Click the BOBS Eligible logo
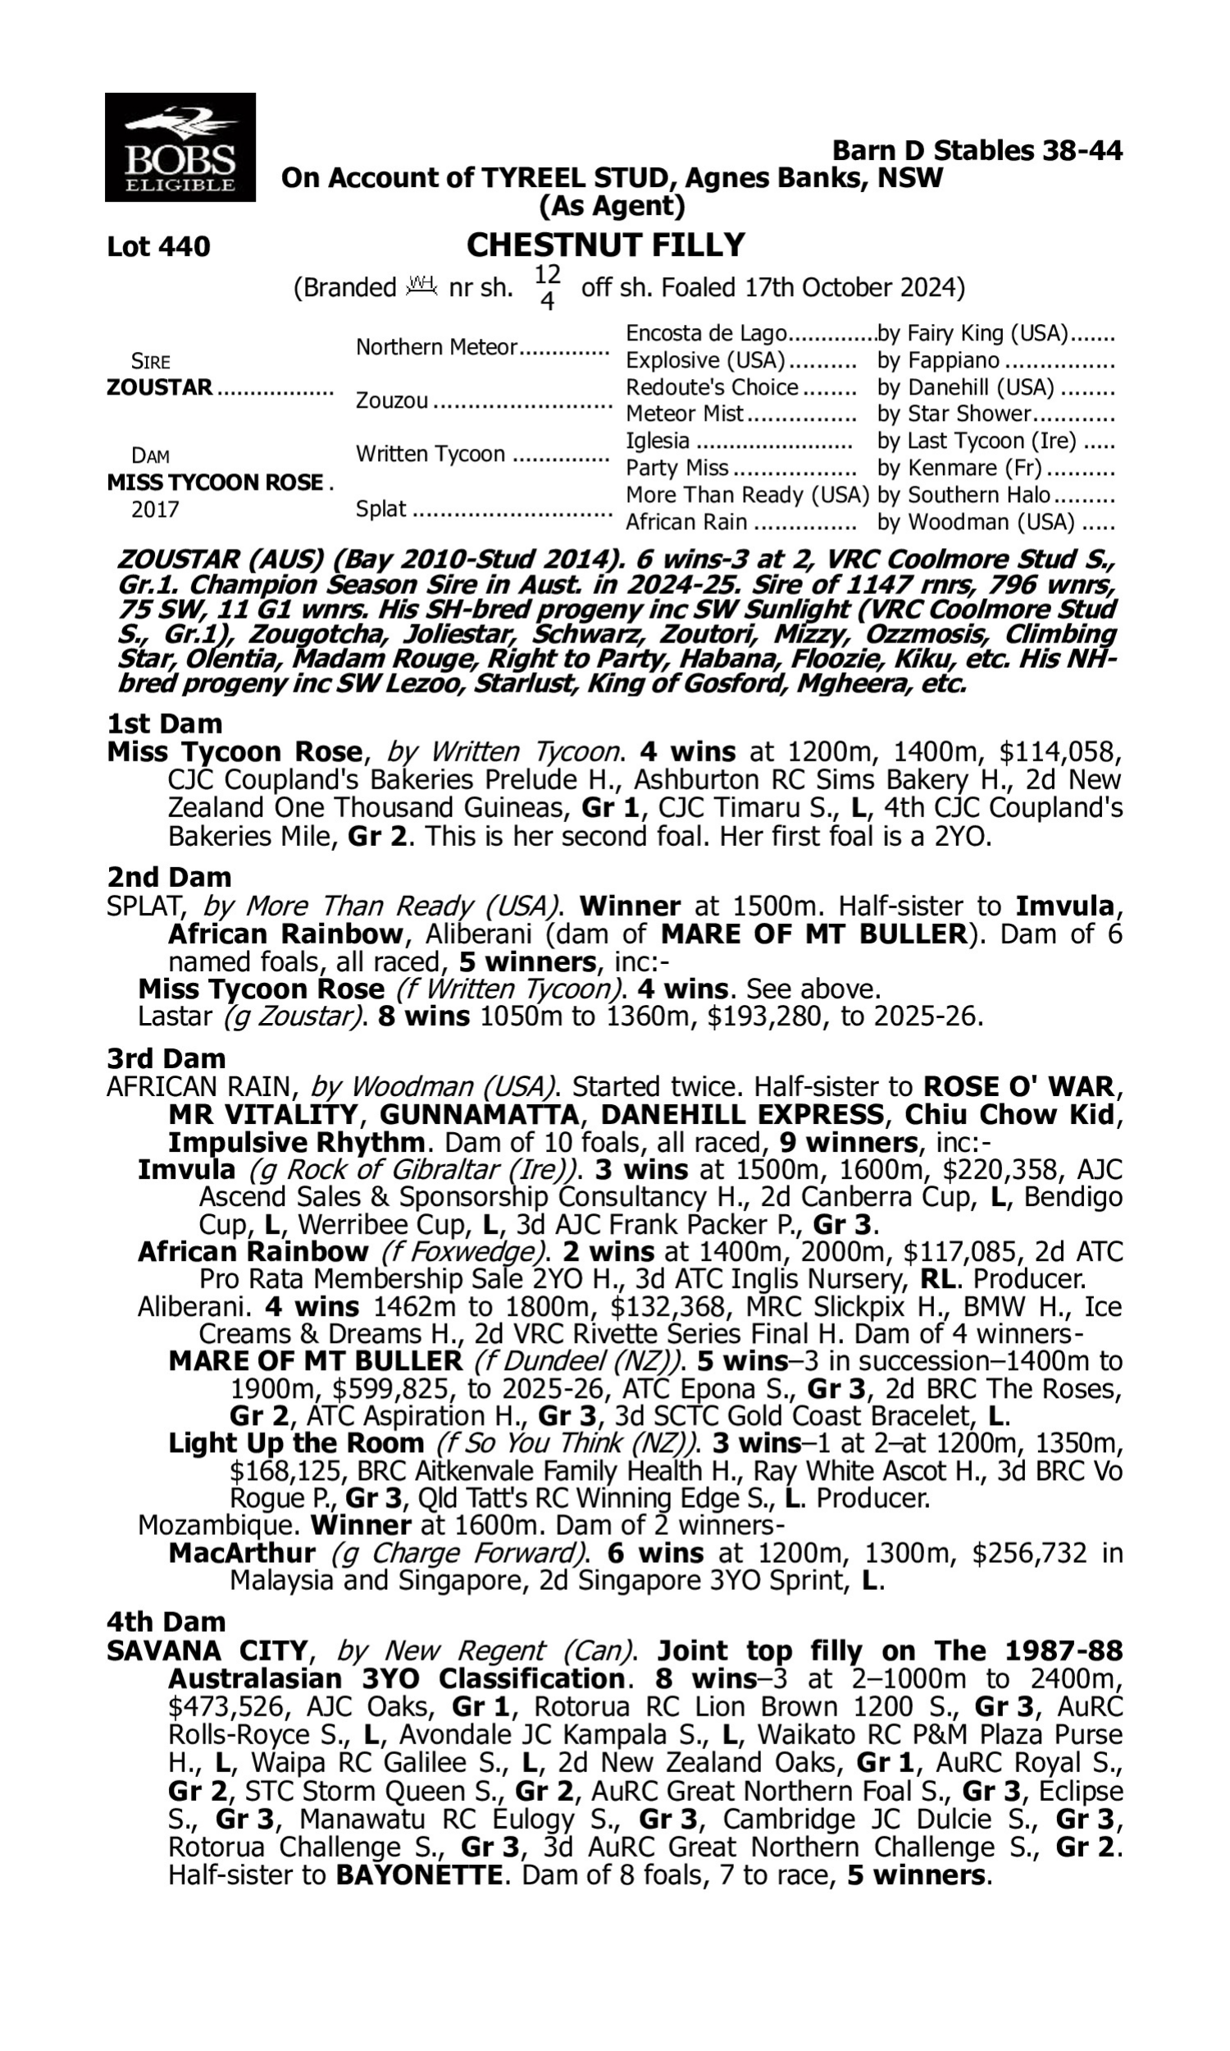point(180,148)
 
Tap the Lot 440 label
point(158,247)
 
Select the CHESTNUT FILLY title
point(606,245)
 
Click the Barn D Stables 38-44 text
point(977,151)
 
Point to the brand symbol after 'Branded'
point(421,286)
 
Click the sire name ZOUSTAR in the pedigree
point(159,387)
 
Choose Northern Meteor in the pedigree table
point(436,347)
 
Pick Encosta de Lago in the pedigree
point(705,333)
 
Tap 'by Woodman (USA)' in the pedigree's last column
point(976,523)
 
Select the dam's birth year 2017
point(155,509)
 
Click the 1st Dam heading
point(164,724)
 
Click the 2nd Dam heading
point(168,877)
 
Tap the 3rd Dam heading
point(166,1058)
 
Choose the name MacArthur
point(241,1553)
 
